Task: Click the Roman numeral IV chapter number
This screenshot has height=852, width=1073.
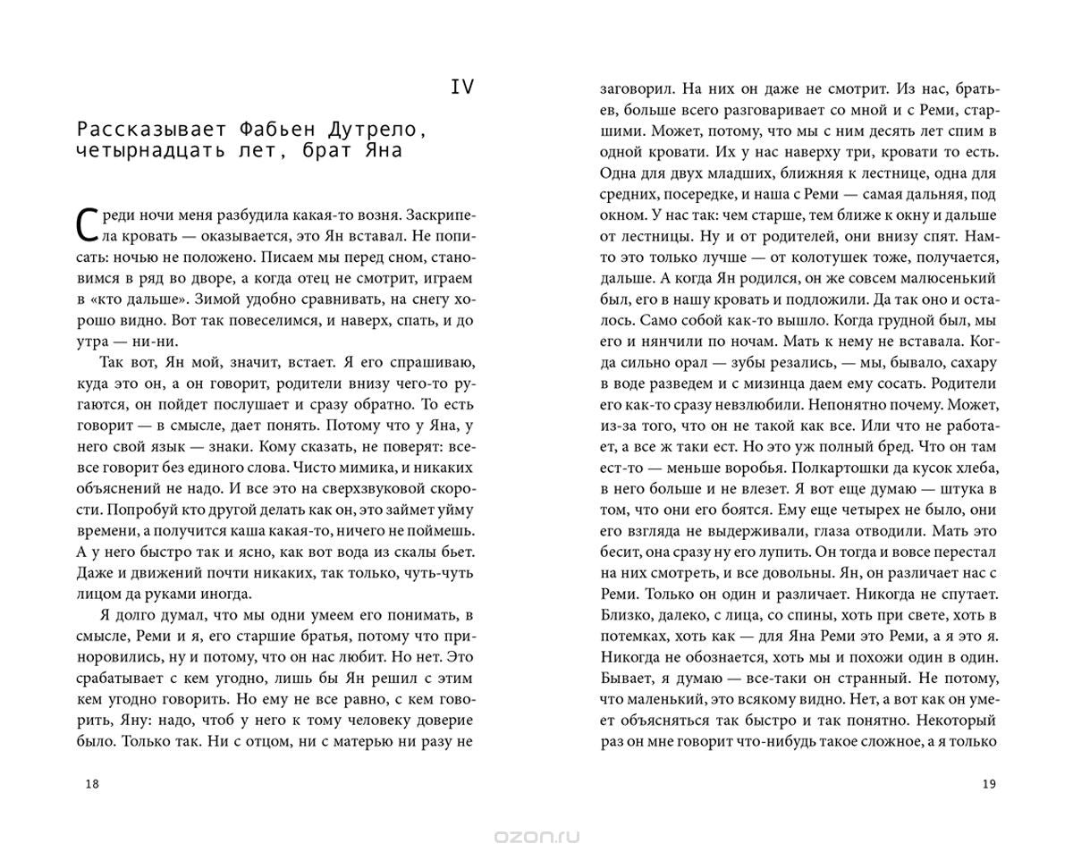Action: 461,87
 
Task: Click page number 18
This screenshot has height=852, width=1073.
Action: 91,784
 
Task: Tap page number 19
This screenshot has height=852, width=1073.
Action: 988,784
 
